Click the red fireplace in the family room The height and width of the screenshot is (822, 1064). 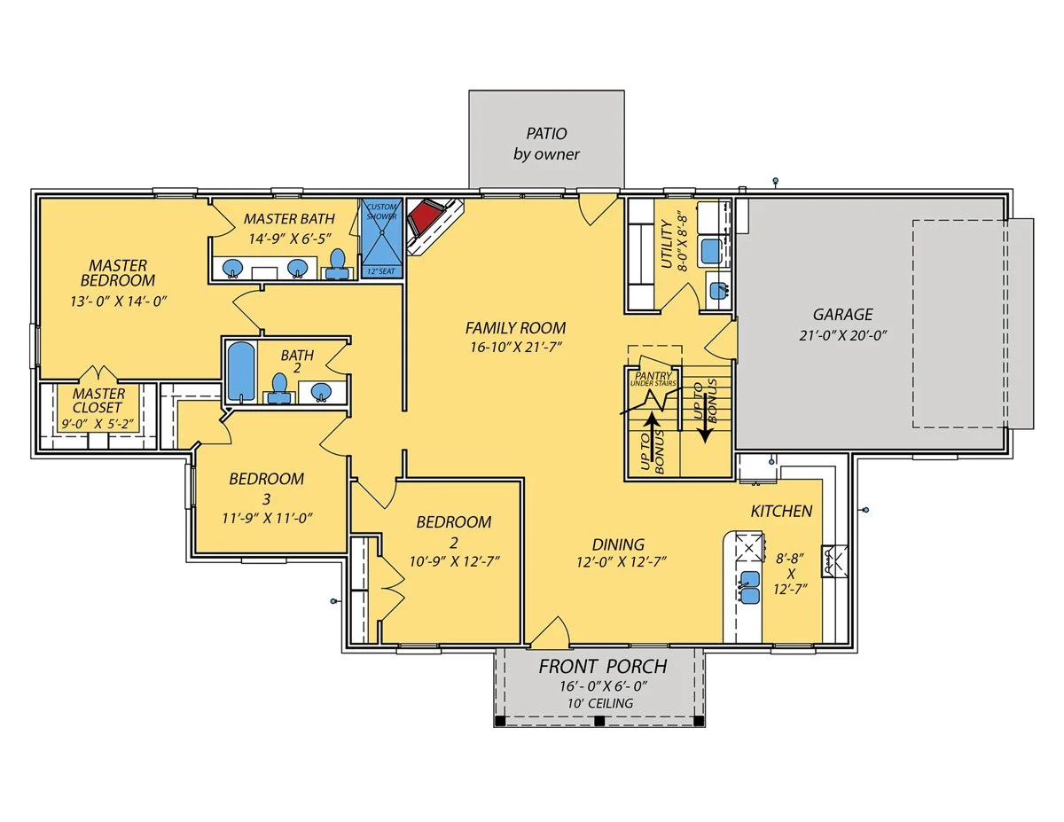click(426, 217)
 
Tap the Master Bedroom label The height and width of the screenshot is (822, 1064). click(118, 273)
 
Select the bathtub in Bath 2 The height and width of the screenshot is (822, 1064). click(241, 372)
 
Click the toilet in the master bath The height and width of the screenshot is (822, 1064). click(337, 265)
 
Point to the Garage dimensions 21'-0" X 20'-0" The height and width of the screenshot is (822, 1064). click(843, 336)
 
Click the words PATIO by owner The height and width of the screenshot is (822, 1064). click(546, 144)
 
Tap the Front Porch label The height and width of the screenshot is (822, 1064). click(603, 666)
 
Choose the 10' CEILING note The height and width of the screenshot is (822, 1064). click(600, 703)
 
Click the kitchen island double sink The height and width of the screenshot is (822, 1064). click(749, 587)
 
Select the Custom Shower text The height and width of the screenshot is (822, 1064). click(381, 211)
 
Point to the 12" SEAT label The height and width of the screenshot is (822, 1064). click(381, 271)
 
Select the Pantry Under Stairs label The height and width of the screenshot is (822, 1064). click(653, 379)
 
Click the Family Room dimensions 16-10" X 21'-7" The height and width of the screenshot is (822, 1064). click(516, 347)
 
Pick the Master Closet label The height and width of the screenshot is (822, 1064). click(98, 401)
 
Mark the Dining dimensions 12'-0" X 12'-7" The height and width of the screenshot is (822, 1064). click(622, 561)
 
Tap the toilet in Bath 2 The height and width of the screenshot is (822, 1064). click(279, 388)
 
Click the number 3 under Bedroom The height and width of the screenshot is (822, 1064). click(266, 499)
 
